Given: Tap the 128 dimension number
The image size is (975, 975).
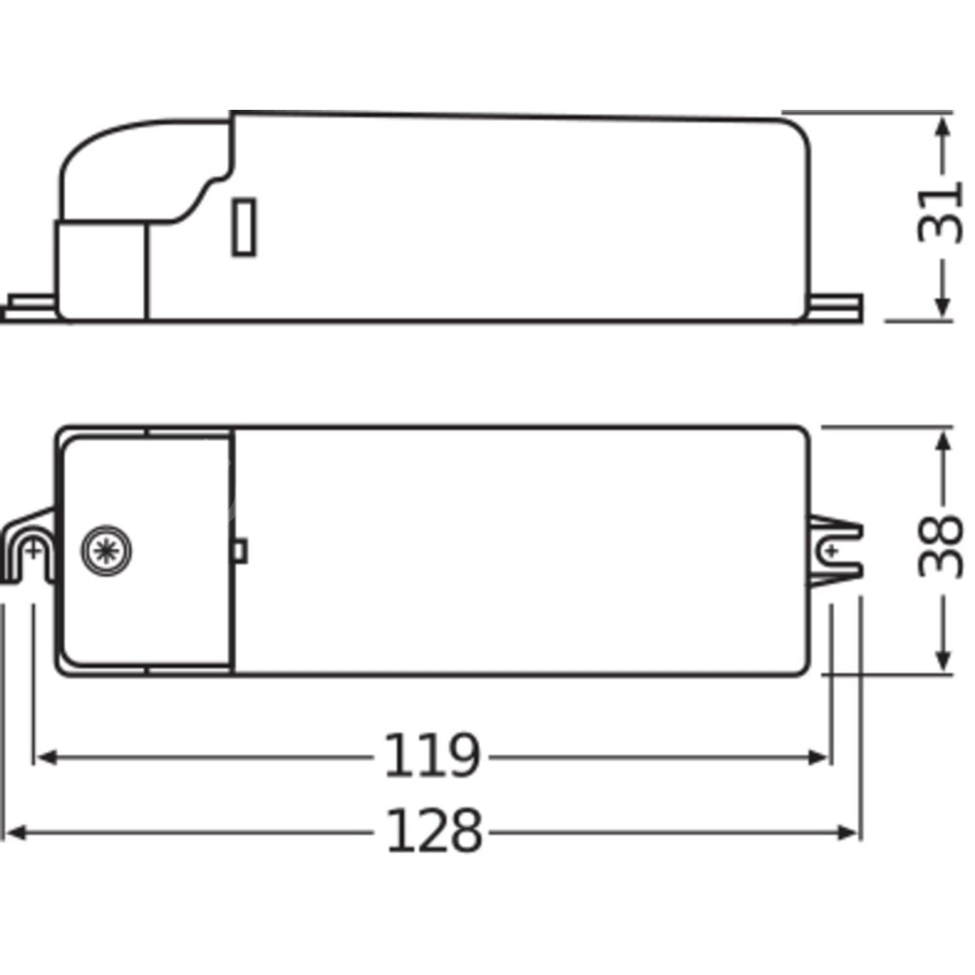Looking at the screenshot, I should [434, 831].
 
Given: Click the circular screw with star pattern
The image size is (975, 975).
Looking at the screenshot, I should [106, 551].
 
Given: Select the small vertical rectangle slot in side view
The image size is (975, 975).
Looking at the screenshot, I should [244, 227].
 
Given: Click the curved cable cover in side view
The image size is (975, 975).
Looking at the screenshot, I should [143, 169].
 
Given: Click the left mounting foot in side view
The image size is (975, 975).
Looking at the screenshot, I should [29, 309].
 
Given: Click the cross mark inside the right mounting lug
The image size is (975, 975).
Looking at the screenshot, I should [831, 551].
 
